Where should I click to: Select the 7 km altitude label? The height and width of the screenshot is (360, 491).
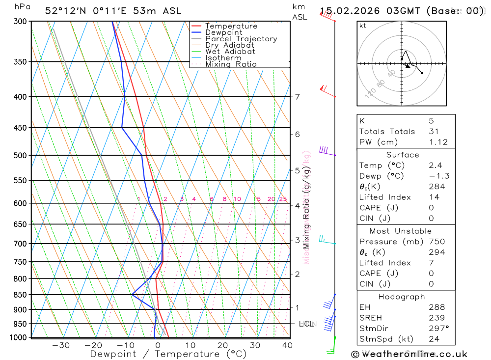tap(297, 97)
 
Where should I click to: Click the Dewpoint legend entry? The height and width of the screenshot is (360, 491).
tap(223, 32)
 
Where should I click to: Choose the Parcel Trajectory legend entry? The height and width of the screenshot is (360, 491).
tap(241, 39)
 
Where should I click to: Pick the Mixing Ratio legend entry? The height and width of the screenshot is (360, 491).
tap(231, 64)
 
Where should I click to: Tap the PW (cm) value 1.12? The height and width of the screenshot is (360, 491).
tap(438, 142)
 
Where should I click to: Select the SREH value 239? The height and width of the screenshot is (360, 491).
tap(436, 318)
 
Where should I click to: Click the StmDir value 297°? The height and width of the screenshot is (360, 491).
tap(437, 329)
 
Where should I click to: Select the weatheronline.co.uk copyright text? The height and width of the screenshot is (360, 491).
tap(409, 354)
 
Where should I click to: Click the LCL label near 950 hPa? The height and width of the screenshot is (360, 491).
tap(307, 324)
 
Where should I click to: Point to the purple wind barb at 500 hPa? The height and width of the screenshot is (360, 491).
tap(324, 150)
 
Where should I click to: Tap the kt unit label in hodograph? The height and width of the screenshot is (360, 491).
tap(363, 26)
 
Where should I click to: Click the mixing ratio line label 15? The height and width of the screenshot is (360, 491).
tap(257, 199)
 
